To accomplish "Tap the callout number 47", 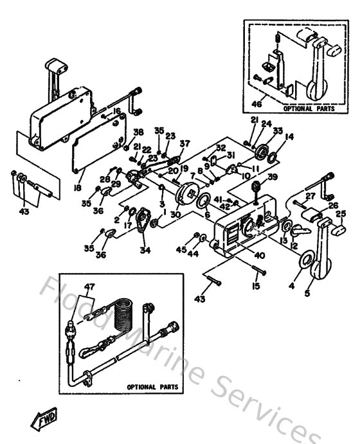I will pyautogui.click(x=89, y=288).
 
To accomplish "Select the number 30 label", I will pyautogui.click(x=175, y=215).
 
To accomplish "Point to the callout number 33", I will pyautogui.click(x=278, y=130).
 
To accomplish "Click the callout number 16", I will pyautogui.click(x=116, y=111).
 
